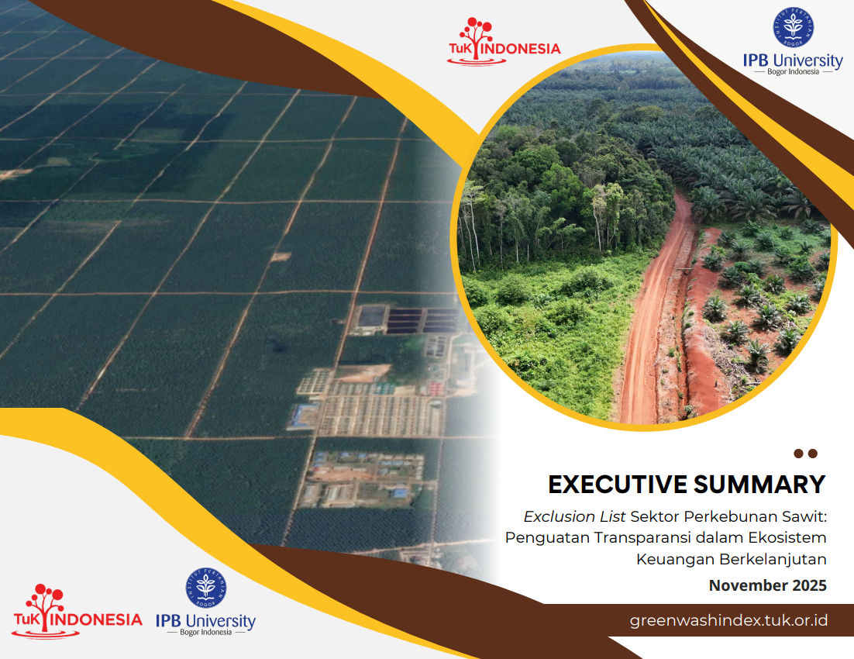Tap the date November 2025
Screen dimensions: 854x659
(x=767, y=585)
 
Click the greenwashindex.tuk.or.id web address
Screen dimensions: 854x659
(x=728, y=621)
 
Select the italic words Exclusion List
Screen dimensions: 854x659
(x=574, y=516)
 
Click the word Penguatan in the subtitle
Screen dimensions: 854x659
(x=547, y=538)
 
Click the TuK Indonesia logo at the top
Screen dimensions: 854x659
(x=503, y=42)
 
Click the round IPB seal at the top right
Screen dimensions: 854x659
(x=793, y=27)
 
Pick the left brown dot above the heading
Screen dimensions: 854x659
(x=798, y=454)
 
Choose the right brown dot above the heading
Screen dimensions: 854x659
(x=813, y=454)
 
